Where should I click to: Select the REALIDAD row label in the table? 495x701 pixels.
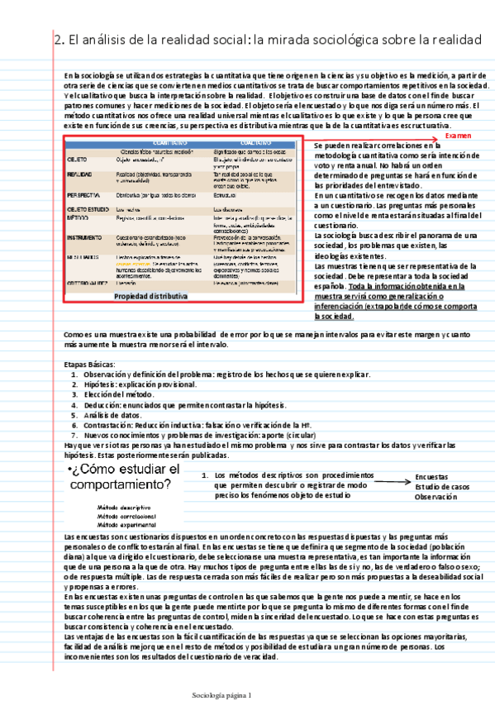79,175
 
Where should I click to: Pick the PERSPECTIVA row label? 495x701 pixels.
83,196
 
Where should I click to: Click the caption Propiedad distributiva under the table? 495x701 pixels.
150,295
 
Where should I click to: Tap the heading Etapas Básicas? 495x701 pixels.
90,365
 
